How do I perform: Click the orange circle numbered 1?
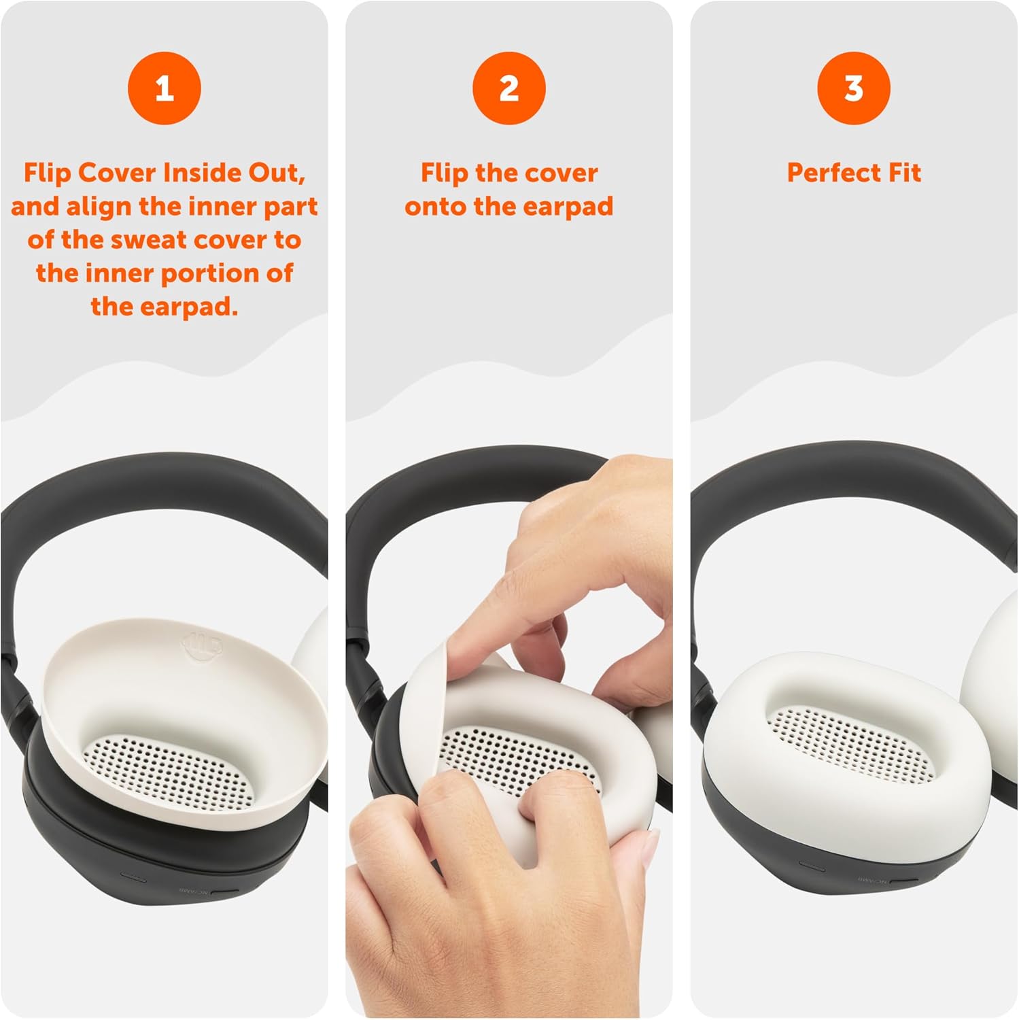(164, 88)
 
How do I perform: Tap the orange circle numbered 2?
(509, 88)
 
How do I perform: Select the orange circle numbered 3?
(854, 88)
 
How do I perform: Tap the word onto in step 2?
(436, 207)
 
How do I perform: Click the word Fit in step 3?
(905, 172)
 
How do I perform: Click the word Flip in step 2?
(445, 173)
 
